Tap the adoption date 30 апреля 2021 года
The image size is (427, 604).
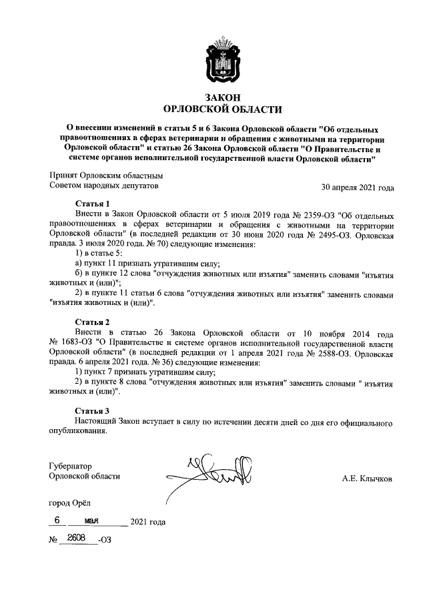(358, 188)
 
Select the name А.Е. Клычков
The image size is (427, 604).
(367, 478)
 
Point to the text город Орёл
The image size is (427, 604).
(68, 502)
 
